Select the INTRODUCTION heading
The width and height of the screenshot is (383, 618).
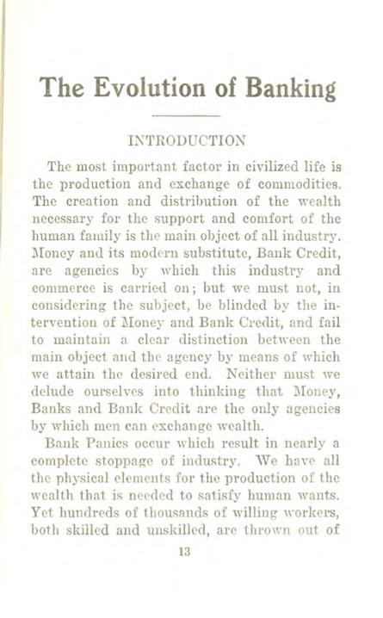[x=190, y=138]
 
